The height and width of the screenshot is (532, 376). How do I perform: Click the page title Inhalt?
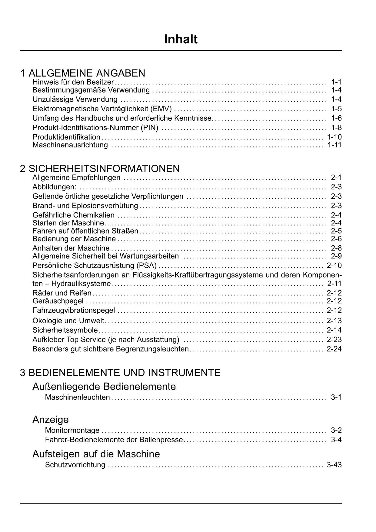(x=181, y=39)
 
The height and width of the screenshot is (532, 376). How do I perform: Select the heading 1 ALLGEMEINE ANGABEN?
(x=83, y=73)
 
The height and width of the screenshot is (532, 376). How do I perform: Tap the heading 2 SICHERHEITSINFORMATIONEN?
(x=100, y=169)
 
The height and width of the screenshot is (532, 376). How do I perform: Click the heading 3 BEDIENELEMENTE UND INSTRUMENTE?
(x=120, y=372)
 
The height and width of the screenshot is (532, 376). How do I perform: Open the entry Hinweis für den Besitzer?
(x=73, y=82)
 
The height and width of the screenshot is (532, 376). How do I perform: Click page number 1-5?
(x=336, y=109)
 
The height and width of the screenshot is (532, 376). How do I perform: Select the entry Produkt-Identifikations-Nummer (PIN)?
(x=95, y=128)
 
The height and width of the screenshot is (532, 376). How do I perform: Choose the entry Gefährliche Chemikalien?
(x=74, y=215)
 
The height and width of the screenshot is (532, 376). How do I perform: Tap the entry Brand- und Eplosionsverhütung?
(x=85, y=206)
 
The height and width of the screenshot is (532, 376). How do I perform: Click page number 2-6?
(x=336, y=239)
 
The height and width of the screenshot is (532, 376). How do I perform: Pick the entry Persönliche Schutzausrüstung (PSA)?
(x=95, y=266)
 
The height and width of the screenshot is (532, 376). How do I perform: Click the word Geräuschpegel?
(x=58, y=301)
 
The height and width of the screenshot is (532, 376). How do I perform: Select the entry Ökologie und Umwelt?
(x=68, y=321)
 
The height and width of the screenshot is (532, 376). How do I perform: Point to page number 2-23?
(x=334, y=339)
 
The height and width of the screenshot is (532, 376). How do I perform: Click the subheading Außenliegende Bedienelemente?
(x=104, y=386)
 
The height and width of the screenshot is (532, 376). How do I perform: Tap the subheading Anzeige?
(x=51, y=419)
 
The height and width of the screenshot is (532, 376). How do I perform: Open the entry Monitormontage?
(x=72, y=430)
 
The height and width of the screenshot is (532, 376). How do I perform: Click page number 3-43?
(x=334, y=465)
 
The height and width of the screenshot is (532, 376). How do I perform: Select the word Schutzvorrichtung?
(x=75, y=465)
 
